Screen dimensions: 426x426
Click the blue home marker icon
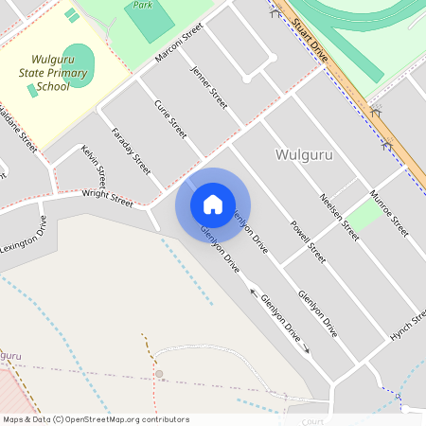[213, 204]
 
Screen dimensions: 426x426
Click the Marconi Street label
[179, 44]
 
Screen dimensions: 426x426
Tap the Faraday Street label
[131, 150]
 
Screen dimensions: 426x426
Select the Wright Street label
[107, 198]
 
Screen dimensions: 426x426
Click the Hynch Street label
[408, 325]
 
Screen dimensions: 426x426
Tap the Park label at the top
[143, 5]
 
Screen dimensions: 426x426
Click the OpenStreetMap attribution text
[96, 418]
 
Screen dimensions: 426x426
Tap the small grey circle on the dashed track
[159, 374]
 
